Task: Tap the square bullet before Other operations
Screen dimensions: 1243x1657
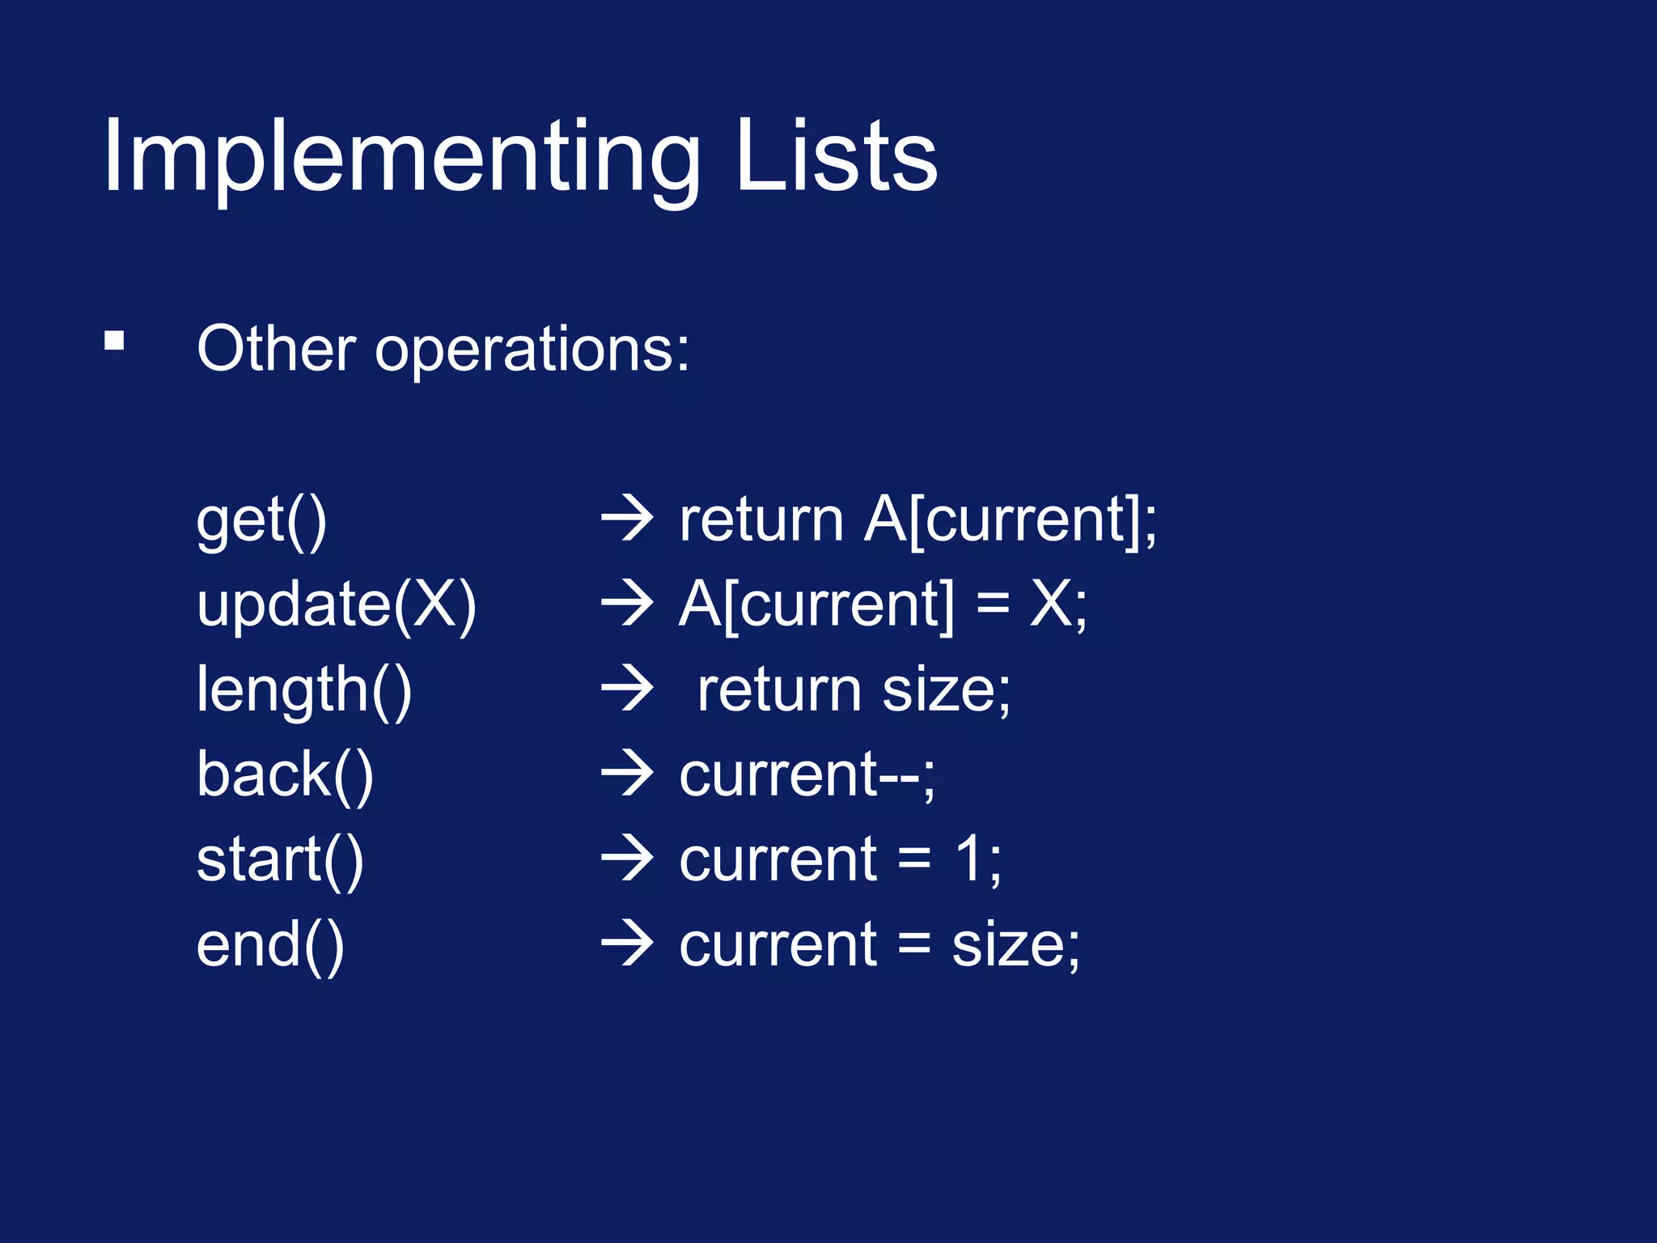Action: [x=114, y=341]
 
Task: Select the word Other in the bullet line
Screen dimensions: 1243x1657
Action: [x=276, y=349]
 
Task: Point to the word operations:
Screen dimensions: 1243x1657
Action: [x=532, y=350]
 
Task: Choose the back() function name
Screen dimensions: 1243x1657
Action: [x=285, y=775]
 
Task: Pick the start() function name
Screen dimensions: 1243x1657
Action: [x=280, y=860]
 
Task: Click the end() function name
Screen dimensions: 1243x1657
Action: [x=270, y=945]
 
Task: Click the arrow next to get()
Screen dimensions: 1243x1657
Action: [x=627, y=520]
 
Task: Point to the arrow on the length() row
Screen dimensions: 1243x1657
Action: [x=627, y=690]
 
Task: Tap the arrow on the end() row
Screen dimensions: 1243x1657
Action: [x=627, y=945]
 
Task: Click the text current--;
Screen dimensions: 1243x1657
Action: [x=807, y=775]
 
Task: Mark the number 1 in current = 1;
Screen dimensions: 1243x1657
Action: [x=968, y=859]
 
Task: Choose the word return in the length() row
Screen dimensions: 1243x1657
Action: [x=779, y=691]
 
